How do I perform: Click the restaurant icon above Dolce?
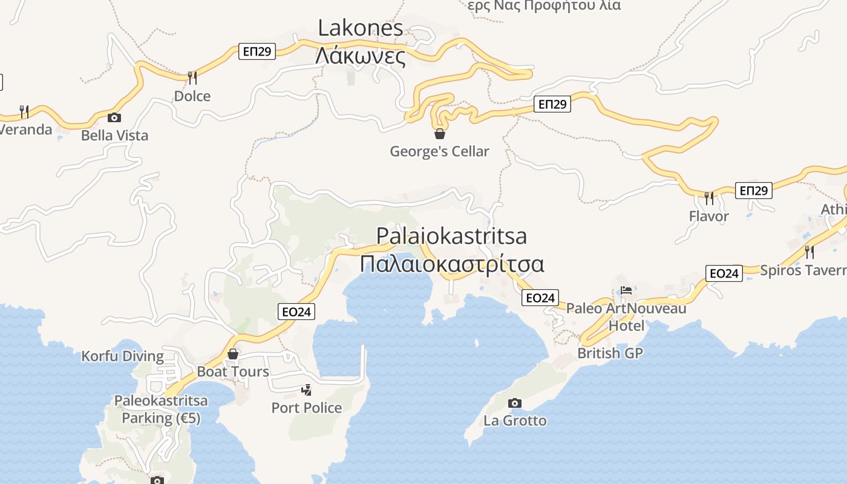point(192,77)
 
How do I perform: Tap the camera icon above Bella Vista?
point(114,117)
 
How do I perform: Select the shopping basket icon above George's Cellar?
point(440,133)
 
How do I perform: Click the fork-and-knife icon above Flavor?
point(708,197)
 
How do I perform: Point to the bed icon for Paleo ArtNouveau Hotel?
point(626,290)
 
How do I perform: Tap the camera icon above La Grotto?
point(514,403)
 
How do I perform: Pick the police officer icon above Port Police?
point(307,390)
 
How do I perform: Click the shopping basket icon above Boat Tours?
point(233,354)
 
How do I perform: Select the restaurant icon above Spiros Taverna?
point(809,252)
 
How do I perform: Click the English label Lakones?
point(361,28)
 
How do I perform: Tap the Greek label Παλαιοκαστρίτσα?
point(452,264)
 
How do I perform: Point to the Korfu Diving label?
point(123,356)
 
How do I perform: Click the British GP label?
point(610,353)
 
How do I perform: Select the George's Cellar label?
point(439,151)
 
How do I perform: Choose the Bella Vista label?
point(115,136)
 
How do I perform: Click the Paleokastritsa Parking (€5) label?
point(161,409)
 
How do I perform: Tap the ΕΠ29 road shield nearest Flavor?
point(753,191)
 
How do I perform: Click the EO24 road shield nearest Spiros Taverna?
point(724,273)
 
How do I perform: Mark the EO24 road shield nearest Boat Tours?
point(296,312)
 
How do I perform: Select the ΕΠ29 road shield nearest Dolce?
point(257,51)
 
